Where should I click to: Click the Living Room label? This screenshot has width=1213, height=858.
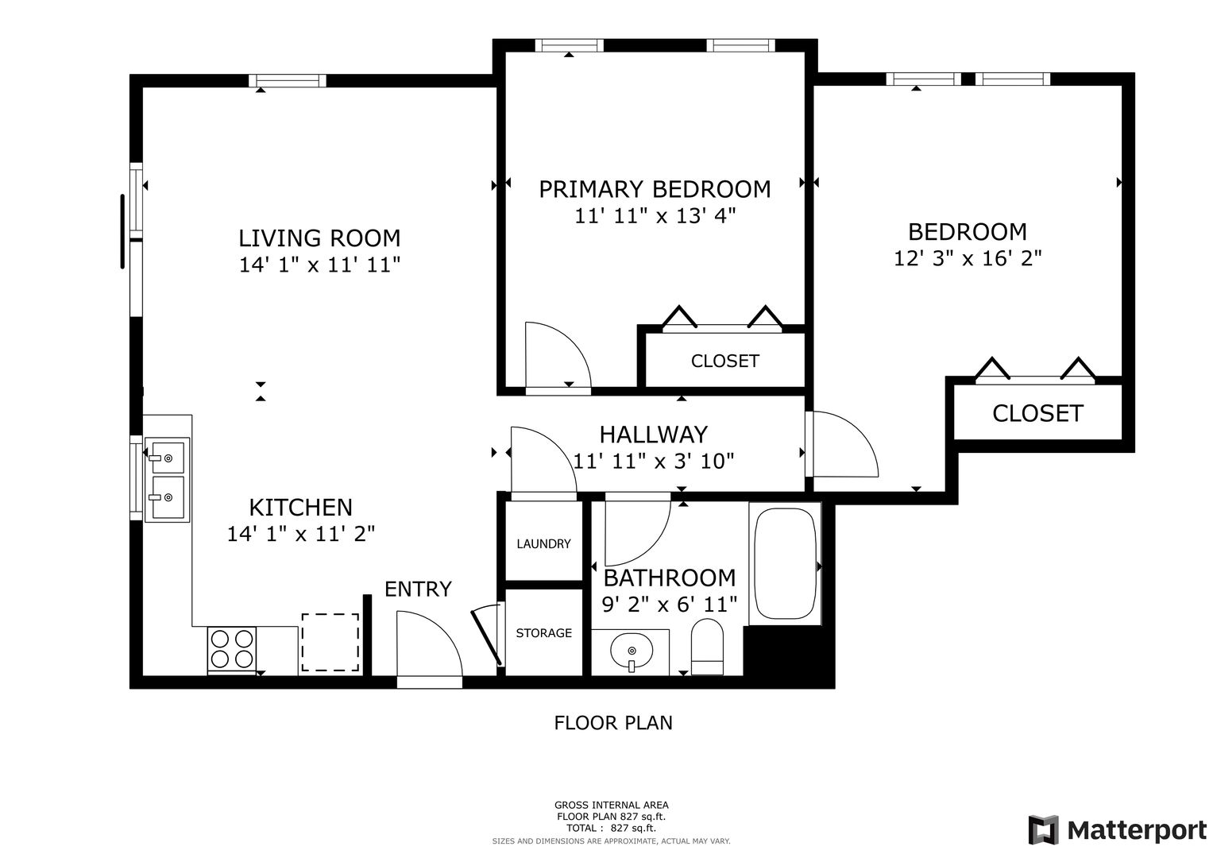(319, 238)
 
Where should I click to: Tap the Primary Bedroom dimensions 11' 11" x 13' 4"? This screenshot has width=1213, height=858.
(655, 216)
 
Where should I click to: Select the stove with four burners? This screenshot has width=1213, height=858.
(232, 651)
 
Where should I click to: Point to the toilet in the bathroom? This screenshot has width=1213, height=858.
(707, 647)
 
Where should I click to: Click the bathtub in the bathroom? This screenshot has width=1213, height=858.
(785, 563)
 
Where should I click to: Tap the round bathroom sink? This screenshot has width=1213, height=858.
(632, 651)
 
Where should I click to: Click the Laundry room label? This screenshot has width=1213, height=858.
(543, 544)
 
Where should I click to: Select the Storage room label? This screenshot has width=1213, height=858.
(543, 632)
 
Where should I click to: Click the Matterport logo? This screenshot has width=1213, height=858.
(1118, 829)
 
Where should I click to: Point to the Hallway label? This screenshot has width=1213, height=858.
(654, 435)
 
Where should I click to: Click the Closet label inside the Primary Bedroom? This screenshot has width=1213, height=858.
(725, 361)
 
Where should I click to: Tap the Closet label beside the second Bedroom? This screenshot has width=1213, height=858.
(1037, 413)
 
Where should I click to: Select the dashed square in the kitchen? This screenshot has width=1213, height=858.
(330, 643)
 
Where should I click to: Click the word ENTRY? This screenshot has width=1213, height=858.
(418, 589)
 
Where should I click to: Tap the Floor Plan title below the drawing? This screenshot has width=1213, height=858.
(613, 723)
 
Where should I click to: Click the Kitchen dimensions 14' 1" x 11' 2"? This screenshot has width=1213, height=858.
(301, 534)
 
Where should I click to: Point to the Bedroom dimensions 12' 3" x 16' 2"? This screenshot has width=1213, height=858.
(968, 258)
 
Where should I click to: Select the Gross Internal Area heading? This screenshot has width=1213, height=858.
(612, 805)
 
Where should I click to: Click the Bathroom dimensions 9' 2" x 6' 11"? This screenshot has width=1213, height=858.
(670, 604)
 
